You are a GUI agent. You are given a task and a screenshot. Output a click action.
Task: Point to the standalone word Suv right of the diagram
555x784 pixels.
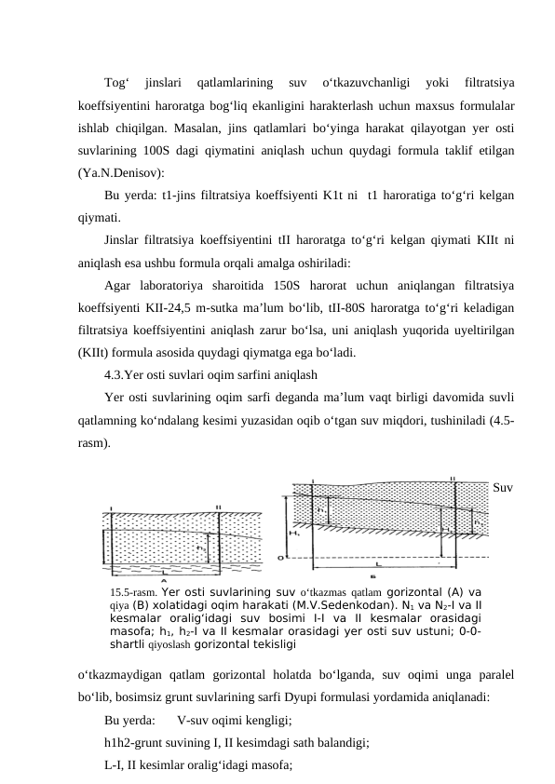pyautogui.click(x=504, y=487)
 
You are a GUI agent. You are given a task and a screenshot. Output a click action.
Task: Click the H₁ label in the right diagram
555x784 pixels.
pyautogui.click(x=295, y=533)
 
